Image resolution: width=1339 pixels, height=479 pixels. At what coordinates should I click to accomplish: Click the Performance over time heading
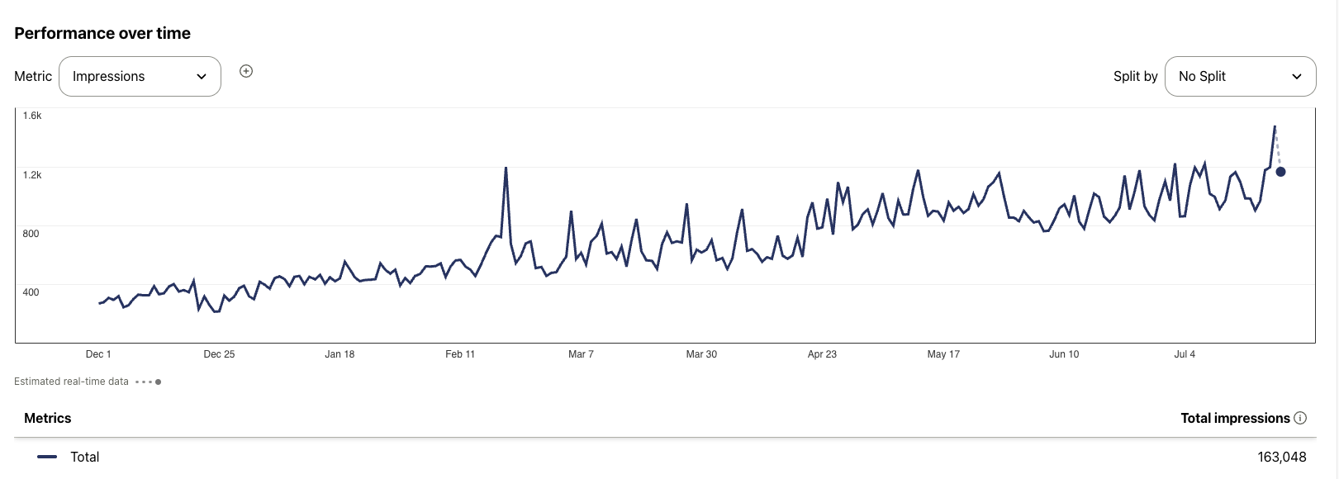102,33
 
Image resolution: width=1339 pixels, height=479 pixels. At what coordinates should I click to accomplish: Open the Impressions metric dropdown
140,76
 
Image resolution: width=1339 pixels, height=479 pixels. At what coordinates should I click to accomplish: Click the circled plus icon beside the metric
246,71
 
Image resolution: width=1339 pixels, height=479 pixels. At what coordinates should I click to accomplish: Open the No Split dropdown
1240,76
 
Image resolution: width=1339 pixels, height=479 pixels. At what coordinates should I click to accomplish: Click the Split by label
1135,76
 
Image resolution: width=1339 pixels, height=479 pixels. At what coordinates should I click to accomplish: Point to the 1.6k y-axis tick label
32,116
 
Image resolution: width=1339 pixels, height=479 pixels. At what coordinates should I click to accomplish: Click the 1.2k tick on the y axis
32,175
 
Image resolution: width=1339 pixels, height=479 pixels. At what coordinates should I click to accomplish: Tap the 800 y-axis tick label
31,234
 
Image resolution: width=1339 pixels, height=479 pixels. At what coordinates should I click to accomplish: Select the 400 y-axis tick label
31,292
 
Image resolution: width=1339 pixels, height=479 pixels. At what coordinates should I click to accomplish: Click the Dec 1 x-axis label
98,354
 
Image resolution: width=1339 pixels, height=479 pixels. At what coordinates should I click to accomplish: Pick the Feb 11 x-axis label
460,354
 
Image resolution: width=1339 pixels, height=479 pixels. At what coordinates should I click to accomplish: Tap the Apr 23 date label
822,354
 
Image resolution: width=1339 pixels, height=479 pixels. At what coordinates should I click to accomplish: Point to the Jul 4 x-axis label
1185,354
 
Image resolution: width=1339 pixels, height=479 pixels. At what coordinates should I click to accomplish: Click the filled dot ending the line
1280,172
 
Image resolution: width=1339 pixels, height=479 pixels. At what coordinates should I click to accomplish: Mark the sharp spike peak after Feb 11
506,168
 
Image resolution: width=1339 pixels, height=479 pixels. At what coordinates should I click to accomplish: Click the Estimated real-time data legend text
72,382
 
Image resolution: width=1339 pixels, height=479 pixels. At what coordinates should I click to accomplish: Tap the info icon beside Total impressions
1300,418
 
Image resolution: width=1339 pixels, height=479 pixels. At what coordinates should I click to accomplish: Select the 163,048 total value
1282,457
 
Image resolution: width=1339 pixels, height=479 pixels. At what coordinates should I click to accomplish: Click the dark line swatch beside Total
47,457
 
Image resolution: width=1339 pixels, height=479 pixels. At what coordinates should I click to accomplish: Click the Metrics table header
48,418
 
